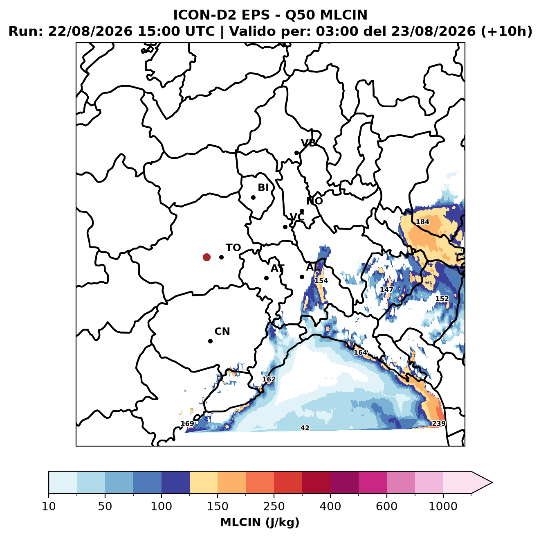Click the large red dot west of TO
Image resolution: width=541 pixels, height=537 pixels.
pos(207,257)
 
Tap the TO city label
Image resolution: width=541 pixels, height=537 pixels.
pos(233,248)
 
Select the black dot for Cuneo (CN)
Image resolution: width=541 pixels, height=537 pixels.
pos(210,341)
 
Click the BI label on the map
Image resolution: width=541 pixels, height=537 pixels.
pos(263,187)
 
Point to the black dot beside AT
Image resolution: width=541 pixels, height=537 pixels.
pos(267,278)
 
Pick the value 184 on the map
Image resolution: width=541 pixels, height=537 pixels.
pos(422,222)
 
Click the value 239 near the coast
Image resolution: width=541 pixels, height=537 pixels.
pos(438,424)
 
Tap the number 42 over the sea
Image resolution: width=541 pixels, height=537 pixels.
pos(305,428)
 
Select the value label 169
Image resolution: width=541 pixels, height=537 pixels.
pos(187,424)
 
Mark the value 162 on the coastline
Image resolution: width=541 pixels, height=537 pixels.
pos(269,379)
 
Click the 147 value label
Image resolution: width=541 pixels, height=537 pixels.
pos(386,290)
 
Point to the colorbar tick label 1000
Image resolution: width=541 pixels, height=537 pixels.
pos(443,506)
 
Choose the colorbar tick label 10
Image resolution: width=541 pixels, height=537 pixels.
pos(49,506)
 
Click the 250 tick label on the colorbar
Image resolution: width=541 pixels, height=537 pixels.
pos(274,506)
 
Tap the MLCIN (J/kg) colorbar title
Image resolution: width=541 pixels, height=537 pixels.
pos(260,522)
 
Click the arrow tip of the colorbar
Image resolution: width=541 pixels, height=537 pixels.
pos(492,483)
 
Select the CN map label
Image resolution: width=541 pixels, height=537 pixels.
pos(222,332)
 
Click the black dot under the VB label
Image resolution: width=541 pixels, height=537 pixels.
pos(297,153)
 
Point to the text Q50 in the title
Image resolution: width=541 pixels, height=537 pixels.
pos(300,15)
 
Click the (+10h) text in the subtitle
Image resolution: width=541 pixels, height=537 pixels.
pos(507,32)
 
